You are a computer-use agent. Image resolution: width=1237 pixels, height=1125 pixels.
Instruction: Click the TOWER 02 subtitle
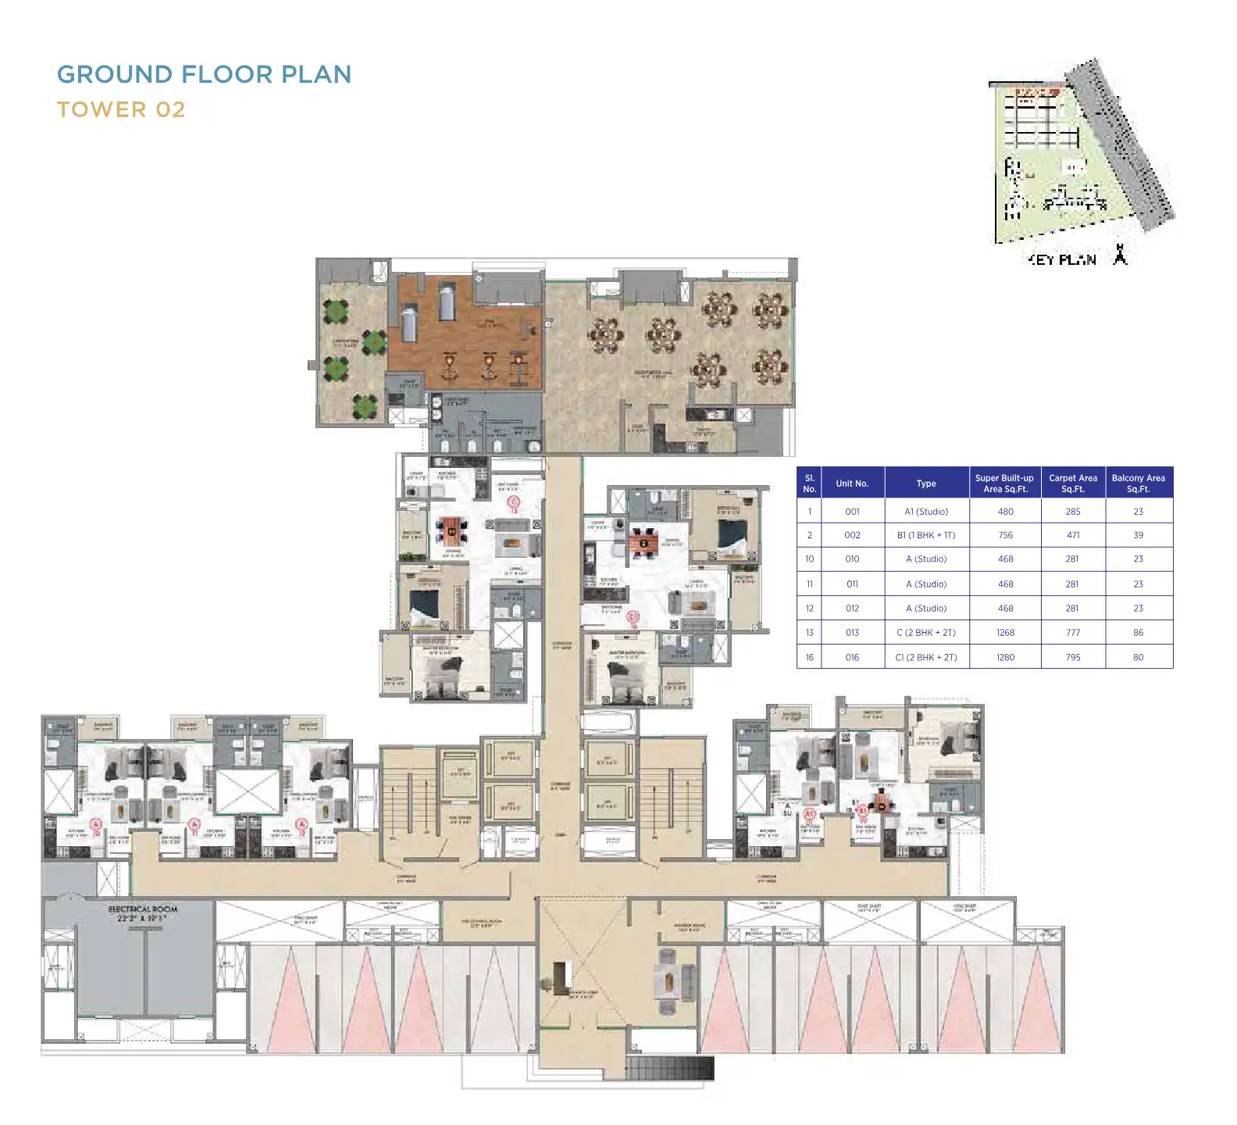click(121, 110)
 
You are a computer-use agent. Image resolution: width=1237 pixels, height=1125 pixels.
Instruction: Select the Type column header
click(926, 484)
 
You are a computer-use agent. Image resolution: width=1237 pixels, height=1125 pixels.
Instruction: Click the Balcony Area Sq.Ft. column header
click(1138, 484)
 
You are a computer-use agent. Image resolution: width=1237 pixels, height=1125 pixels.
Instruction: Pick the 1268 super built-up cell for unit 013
click(1005, 633)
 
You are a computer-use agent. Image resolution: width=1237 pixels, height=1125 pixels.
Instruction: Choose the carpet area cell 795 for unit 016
click(1073, 657)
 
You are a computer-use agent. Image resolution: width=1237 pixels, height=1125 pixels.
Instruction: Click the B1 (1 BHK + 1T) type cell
click(926, 535)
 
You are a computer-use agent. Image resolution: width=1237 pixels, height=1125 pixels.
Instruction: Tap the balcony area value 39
click(1138, 535)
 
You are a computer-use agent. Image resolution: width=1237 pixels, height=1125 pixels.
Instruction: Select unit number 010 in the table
click(852, 559)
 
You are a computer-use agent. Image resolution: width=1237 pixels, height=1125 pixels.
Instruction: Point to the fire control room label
click(481, 923)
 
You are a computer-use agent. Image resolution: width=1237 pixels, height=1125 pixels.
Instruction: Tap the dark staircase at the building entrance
click(669, 1068)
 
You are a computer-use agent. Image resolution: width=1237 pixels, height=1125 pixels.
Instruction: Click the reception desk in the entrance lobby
click(561, 977)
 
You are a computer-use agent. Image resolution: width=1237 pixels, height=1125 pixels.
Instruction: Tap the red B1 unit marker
click(863, 812)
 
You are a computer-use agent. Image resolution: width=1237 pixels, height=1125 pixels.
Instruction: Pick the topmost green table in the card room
click(336, 312)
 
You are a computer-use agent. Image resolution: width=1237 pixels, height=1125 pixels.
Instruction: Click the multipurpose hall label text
click(653, 374)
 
